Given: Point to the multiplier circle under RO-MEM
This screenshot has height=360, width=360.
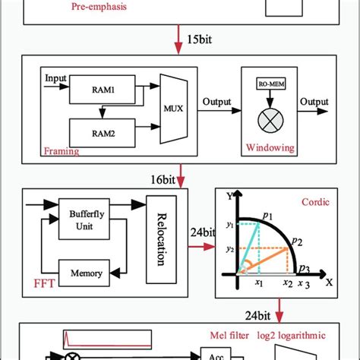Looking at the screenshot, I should point(267,118).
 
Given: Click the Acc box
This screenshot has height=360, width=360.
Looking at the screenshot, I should point(215,355).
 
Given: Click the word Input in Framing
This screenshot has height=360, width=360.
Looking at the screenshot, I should point(56,78).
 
